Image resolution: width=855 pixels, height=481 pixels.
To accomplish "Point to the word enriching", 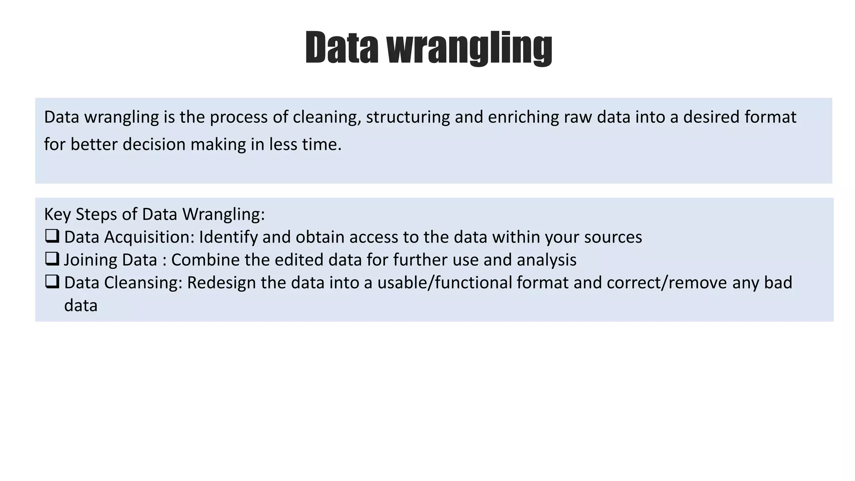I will tap(523, 117).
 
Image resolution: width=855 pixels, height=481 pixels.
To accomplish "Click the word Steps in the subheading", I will tap(96, 215).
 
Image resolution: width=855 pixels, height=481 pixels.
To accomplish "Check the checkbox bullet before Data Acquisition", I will tap(52, 236).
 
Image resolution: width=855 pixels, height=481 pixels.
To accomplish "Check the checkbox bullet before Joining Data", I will tap(52, 259).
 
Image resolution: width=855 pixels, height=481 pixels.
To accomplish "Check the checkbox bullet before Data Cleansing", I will tap(52, 282).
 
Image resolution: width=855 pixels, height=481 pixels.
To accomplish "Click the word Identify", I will tap(228, 237).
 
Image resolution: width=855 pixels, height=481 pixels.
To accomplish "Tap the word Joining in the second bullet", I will tap(87, 260).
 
